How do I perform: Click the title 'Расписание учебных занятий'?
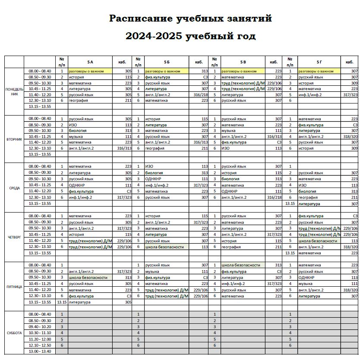coord(190,19)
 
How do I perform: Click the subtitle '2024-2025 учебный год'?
coord(190,36)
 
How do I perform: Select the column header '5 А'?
coord(90,62)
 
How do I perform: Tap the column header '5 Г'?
coord(319,62)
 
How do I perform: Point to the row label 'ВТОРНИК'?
coord(15,139)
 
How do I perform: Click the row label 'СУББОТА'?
coord(15,332)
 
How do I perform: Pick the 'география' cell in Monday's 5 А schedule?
coord(78,100)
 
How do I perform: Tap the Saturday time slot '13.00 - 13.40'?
coord(40,351)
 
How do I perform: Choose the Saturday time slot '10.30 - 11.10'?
coord(40,332)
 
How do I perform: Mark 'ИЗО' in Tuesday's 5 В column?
coord(225,148)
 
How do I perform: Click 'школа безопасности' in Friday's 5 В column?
coord(241,265)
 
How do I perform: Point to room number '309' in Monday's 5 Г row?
coord(354,83)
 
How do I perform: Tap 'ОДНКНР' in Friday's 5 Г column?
coord(306,278)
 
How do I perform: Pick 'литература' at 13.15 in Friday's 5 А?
coord(79,302)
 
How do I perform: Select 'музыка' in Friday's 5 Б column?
coord(152,272)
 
